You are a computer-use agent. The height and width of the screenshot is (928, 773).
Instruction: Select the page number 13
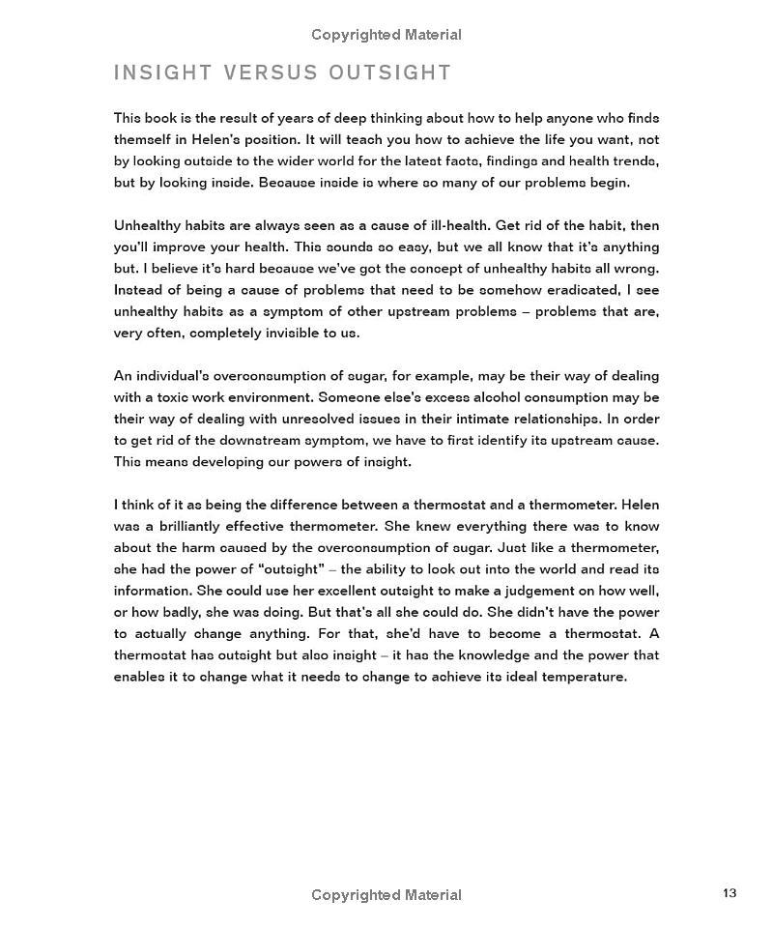click(730, 893)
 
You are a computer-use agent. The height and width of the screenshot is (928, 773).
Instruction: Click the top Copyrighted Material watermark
click(386, 35)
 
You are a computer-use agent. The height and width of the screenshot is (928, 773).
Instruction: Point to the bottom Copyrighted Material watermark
click(386, 895)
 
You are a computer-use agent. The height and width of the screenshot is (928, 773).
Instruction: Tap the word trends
click(630, 160)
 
